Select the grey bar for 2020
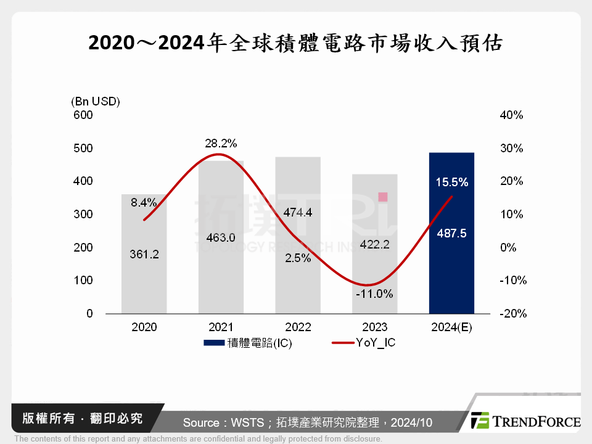click(x=144, y=277)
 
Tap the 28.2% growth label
click(x=221, y=144)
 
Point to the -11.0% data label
click(x=374, y=294)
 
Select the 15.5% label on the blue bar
click(x=451, y=183)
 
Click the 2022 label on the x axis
click(x=298, y=327)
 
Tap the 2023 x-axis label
click(x=375, y=327)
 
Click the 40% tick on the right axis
click(x=511, y=115)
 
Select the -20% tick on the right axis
click(x=511, y=314)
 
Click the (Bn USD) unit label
click(x=96, y=101)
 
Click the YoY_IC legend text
click(x=375, y=343)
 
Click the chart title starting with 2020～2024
click(x=296, y=43)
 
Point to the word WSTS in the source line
click(x=248, y=422)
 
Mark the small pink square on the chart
click(x=382, y=197)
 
